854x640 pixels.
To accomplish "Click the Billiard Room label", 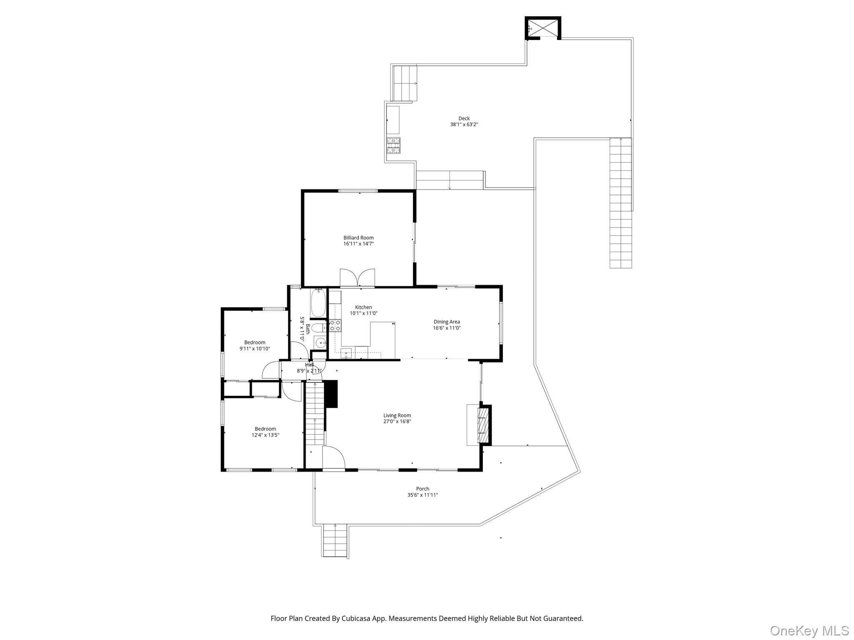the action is pyautogui.click(x=358, y=238).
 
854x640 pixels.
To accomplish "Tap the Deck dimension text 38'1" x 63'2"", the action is pyautogui.click(x=464, y=125).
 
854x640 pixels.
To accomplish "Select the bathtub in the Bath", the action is pyautogui.click(x=318, y=303).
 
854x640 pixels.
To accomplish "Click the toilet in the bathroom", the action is pyautogui.click(x=319, y=327).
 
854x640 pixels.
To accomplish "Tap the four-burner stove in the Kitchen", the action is pyautogui.click(x=335, y=325).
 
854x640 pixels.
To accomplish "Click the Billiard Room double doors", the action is pyautogui.click(x=357, y=278).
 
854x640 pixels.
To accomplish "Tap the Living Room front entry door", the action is pyautogui.click(x=334, y=457).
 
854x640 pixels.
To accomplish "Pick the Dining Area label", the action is pyautogui.click(x=447, y=322).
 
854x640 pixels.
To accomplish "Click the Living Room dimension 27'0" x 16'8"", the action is pyautogui.click(x=397, y=422).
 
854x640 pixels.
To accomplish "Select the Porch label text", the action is pyautogui.click(x=422, y=489).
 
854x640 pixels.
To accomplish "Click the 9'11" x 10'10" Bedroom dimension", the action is pyautogui.click(x=255, y=349).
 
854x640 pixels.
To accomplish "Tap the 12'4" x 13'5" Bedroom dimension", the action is pyautogui.click(x=265, y=435).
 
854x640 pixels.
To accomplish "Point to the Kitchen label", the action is pyautogui.click(x=364, y=307).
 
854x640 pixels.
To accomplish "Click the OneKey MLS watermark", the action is pyautogui.click(x=809, y=631).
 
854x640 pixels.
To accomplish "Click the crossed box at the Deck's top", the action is pyautogui.click(x=543, y=28).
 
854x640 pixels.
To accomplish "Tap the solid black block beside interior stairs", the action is pyautogui.click(x=331, y=394).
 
